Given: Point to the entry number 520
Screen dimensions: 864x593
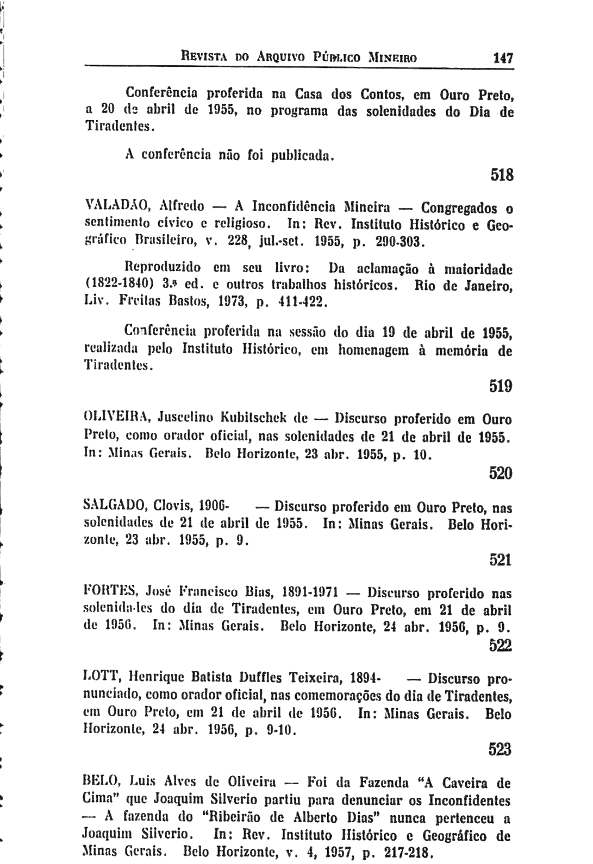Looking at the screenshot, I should pyautogui.click(x=501, y=474).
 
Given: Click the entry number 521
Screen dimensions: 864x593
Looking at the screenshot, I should pyautogui.click(x=501, y=560).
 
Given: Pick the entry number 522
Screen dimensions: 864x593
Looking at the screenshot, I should pyautogui.click(x=501, y=646).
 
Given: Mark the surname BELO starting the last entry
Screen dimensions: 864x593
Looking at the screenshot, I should pyautogui.click(x=99, y=784).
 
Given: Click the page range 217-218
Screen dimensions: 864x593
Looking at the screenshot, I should pyautogui.click(x=398, y=851).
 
